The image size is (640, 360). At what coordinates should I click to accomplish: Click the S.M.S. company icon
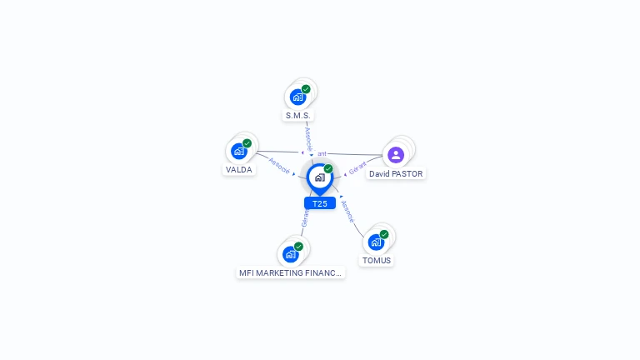297,97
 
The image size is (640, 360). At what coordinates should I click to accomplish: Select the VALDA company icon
239,151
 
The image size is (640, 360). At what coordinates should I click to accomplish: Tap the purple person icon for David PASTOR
396,154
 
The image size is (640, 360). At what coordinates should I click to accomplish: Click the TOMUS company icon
376,242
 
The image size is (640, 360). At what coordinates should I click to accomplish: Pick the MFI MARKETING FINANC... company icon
290,254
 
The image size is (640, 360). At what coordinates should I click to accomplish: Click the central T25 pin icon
319,177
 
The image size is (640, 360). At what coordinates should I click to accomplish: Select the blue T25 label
320,203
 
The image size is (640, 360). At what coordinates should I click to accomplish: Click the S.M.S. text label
297,116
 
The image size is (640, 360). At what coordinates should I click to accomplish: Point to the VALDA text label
238,170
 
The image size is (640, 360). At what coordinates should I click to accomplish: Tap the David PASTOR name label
396,174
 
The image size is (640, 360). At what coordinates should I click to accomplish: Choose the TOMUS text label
376,261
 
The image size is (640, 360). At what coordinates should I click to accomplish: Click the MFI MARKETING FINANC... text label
290,272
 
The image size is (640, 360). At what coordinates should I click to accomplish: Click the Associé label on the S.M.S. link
308,138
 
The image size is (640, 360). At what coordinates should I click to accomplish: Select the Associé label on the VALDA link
279,166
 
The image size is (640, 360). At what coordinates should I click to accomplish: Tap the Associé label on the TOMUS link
347,211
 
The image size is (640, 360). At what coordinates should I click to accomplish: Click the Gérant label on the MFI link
305,218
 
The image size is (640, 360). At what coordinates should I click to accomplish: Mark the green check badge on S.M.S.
306,89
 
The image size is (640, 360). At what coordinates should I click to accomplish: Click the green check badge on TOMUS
384,234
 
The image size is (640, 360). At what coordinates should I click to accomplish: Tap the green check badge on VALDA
247,143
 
